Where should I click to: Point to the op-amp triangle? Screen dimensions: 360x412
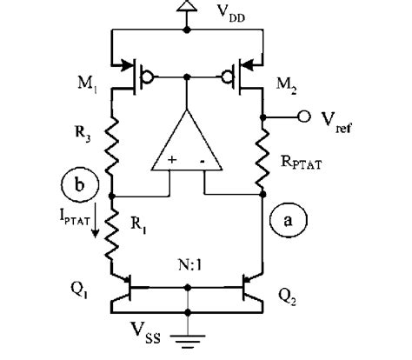point(187,143)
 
